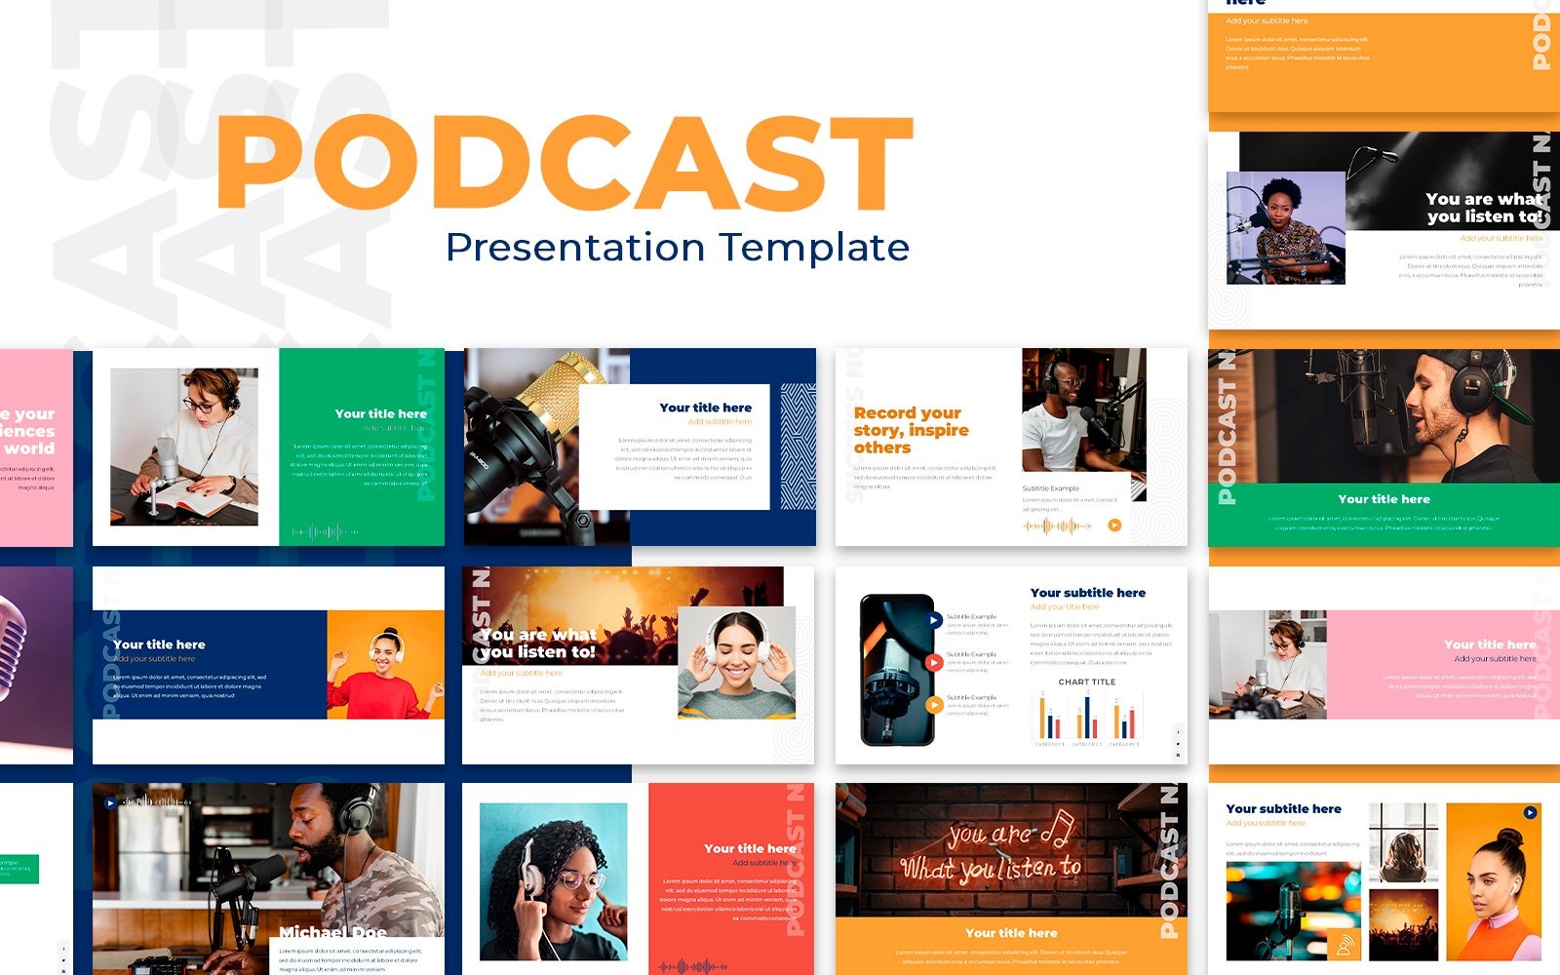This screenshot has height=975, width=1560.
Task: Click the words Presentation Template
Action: [677, 248]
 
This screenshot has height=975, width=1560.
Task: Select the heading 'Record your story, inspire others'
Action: [911, 430]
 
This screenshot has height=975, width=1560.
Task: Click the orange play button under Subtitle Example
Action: [1114, 526]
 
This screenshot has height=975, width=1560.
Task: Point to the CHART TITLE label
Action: [1086, 682]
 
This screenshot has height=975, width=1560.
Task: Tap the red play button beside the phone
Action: [934, 663]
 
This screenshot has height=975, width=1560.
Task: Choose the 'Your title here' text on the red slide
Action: [750, 848]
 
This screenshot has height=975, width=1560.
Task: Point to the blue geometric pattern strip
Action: [799, 446]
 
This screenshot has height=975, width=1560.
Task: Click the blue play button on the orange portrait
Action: [1530, 812]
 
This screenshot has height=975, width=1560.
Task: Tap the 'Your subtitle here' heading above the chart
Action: [1087, 593]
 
